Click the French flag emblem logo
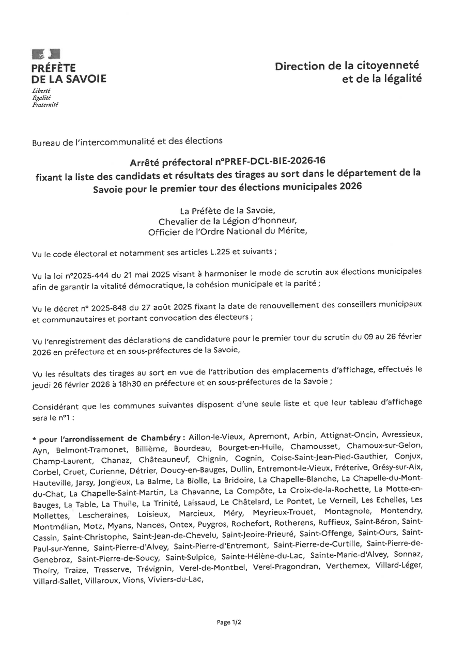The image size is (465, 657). (x=46, y=54)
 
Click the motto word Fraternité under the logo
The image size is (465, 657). (x=45, y=104)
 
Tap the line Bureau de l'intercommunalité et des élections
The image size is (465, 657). (x=127, y=140)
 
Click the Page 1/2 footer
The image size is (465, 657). (x=229, y=622)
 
